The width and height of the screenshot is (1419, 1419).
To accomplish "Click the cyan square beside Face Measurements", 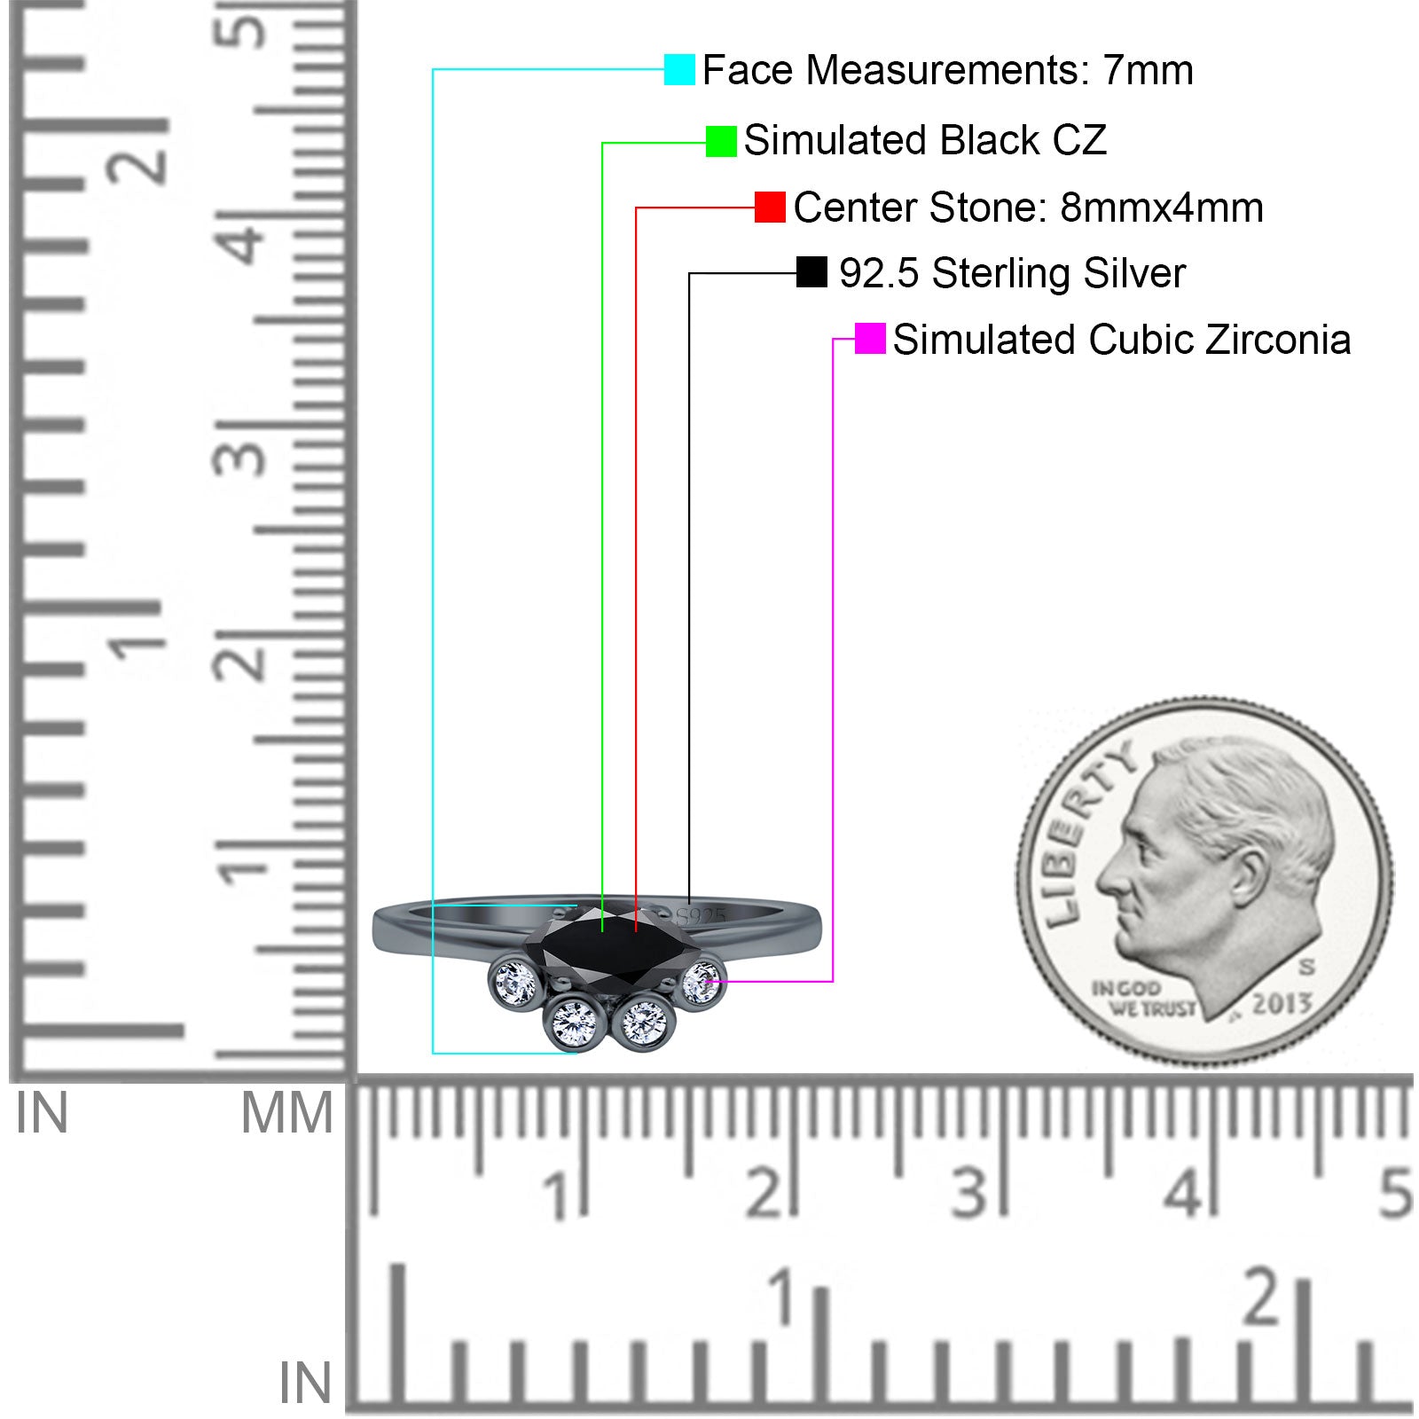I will [x=679, y=69].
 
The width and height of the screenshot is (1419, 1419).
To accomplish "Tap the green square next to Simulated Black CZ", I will [x=721, y=141].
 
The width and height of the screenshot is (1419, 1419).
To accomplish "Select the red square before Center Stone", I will [x=770, y=208].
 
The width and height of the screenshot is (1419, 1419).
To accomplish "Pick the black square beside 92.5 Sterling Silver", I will [x=811, y=272].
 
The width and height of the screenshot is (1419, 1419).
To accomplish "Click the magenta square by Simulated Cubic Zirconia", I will [x=870, y=339].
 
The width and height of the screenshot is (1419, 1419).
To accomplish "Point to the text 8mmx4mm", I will [x=1161, y=208].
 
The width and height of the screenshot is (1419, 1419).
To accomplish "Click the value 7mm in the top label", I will [x=1148, y=70].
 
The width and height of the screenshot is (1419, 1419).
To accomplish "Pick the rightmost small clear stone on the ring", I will [x=701, y=983].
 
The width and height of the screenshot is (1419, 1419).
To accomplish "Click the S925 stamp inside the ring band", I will [x=701, y=915].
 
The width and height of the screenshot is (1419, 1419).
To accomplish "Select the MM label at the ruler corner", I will [x=286, y=1114].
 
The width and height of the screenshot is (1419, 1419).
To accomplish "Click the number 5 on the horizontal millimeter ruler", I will [x=1394, y=1194].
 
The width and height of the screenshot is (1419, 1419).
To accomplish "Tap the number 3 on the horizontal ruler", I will [x=969, y=1194].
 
